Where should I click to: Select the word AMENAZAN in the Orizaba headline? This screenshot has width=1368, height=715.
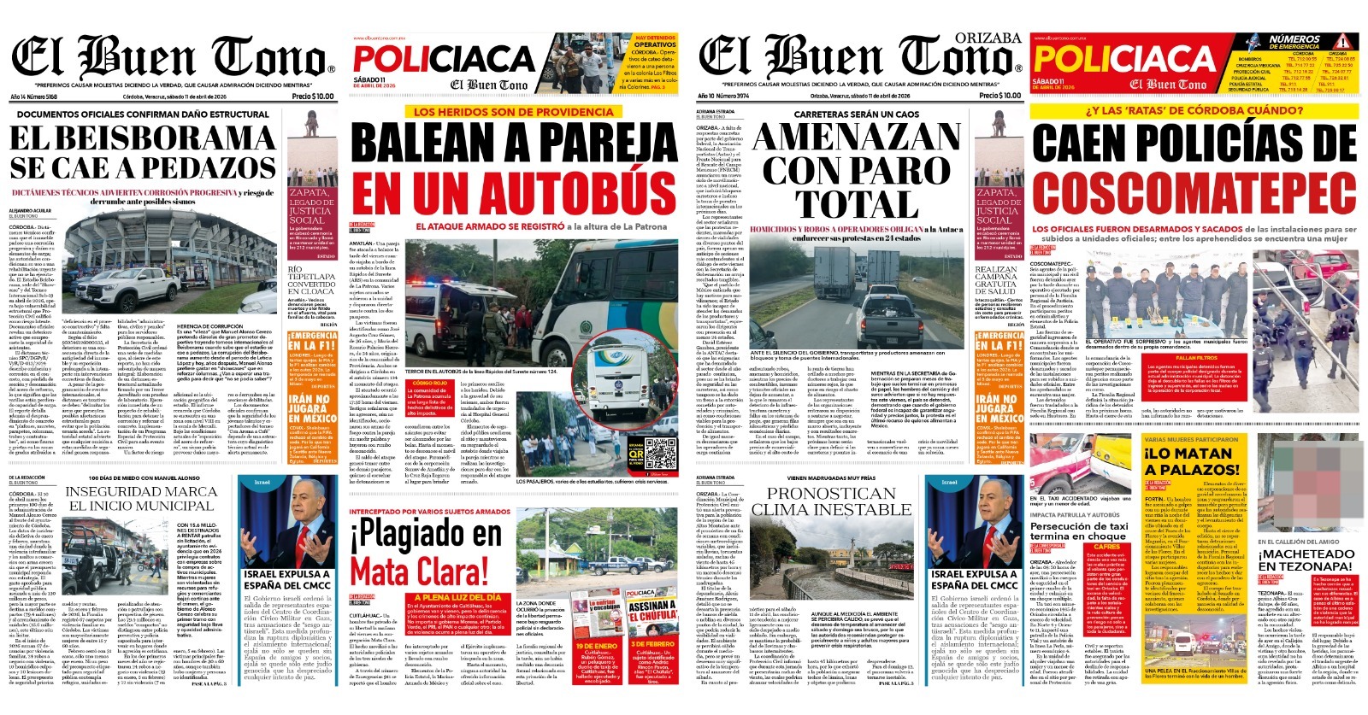click(x=857, y=138)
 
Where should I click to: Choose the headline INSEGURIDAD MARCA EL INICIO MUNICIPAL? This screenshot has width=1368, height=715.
click(x=141, y=498)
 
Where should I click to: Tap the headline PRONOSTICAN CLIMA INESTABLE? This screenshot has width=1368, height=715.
click(x=830, y=501)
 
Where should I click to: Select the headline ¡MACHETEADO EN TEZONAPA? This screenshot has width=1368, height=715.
click(x=1306, y=560)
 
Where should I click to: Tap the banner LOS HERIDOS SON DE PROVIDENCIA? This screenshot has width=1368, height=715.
click(x=513, y=112)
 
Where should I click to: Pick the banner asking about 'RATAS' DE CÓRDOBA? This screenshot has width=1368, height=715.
click(x=1194, y=110)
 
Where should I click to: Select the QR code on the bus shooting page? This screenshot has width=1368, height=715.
click(x=660, y=453)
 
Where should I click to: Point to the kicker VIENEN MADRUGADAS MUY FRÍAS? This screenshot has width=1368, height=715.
click(x=830, y=478)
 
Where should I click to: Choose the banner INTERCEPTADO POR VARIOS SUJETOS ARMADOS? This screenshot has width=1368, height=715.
click(x=430, y=512)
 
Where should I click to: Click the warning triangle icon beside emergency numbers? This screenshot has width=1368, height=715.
click(x=1344, y=42)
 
